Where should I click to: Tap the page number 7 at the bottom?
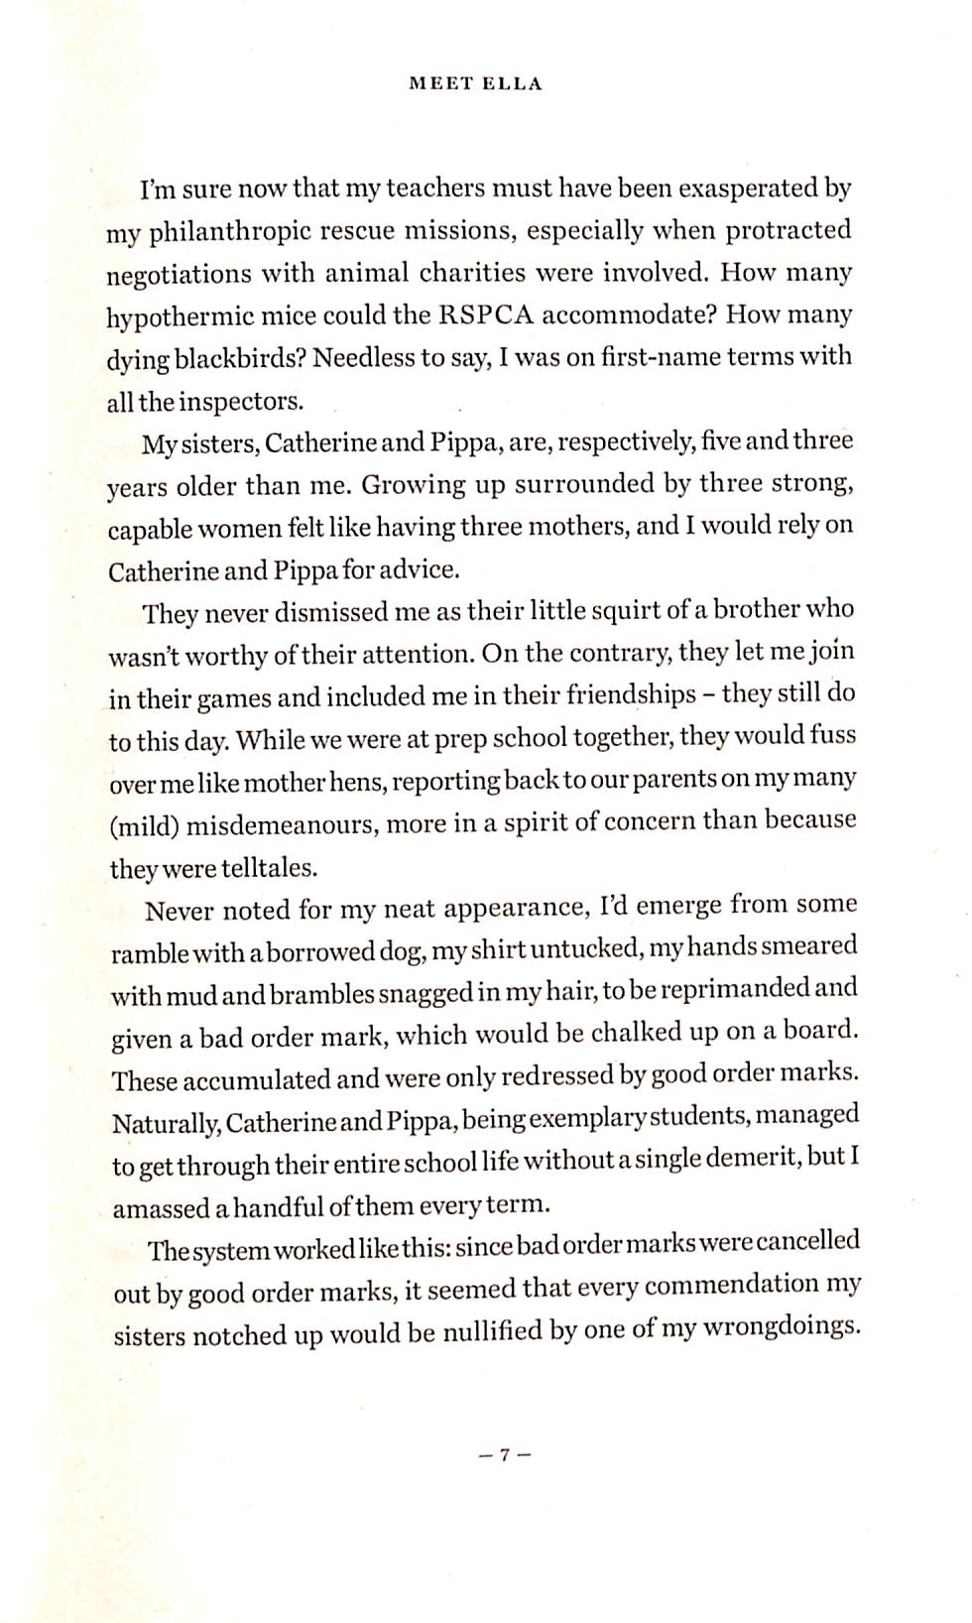point(504,1455)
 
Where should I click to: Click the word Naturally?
point(167,1124)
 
